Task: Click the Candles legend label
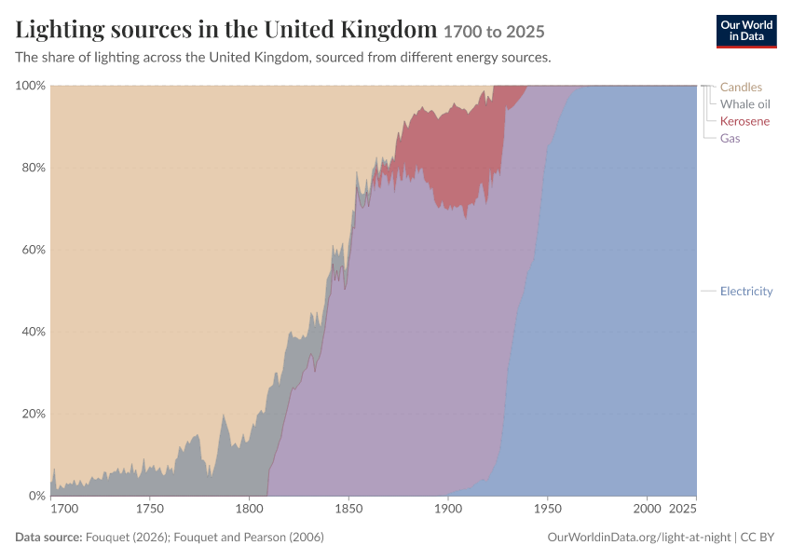point(741,87)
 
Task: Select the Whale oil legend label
point(745,104)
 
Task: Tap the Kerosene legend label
point(744,121)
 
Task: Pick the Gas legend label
point(730,139)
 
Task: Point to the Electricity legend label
point(746,291)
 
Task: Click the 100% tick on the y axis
point(31,86)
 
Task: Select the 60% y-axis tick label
point(34,250)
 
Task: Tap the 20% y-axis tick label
point(34,414)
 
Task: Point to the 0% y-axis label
point(36,496)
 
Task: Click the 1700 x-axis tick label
point(64,509)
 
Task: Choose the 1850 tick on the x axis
point(348,509)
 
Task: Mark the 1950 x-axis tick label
point(548,509)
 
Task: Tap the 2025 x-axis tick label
point(682,509)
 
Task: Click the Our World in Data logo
point(746,32)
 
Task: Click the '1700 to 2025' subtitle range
point(494,32)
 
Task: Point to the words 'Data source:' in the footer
point(48,537)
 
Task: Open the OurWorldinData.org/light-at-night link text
point(639,537)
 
